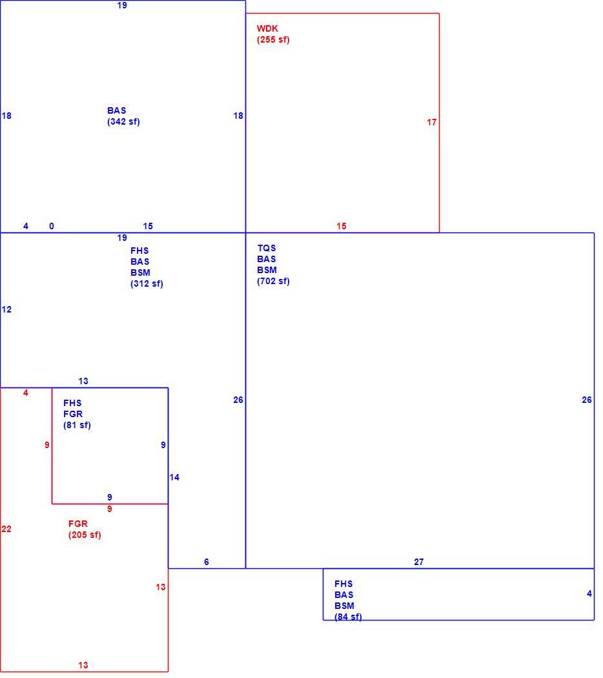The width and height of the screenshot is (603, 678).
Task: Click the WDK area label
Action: pos(267,28)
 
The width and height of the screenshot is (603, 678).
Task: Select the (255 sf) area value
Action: pos(273,40)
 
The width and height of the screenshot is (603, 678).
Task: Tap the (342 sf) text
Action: pos(123,122)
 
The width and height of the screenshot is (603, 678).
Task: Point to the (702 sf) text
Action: pos(273,282)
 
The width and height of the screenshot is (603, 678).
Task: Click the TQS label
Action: pos(266,248)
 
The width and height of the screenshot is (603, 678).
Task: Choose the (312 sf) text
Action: pos(147,284)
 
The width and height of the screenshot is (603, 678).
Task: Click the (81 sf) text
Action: pos(77,426)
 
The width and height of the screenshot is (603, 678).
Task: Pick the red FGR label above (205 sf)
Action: pos(78,524)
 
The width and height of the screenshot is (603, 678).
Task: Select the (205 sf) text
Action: pos(85,535)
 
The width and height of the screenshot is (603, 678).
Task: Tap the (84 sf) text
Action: pos(348,617)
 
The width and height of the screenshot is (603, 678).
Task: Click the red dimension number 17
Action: pos(431,123)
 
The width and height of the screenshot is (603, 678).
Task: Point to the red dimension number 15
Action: pos(341,226)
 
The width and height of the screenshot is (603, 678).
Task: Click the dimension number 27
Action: pos(419,562)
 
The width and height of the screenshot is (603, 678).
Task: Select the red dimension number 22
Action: pos(6,529)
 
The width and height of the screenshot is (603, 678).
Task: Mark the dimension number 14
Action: pos(174,477)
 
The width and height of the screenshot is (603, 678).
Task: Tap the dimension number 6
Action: pos(207,562)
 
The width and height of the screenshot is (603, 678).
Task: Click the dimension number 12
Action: pos(6,309)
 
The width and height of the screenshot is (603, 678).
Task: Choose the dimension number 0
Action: pos(52,226)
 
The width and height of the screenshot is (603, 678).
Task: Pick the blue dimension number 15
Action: pos(148,226)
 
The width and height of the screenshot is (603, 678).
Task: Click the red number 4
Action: pos(26,393)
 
